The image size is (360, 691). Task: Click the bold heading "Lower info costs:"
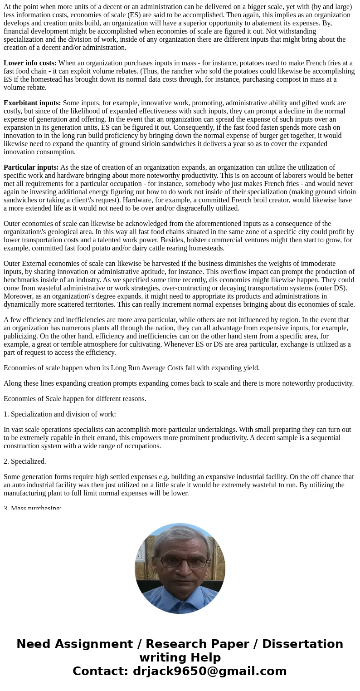pyautogui.click(x=30, y=63)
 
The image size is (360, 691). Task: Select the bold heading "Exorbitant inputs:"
pyautogui.click(x=32, y=103)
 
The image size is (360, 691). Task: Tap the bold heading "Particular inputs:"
pyautogui.click(x=31, y=167)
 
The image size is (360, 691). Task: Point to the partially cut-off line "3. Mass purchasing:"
pyautogui.click(x=33, y=507)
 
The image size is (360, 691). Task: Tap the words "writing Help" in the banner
pyautogui.click(x=180, y=657)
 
